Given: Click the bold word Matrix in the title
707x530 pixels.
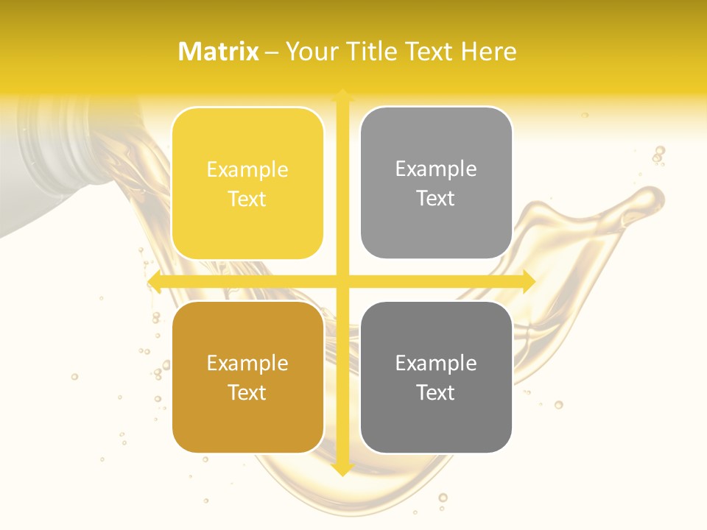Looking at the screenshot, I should click(x=219, y=52).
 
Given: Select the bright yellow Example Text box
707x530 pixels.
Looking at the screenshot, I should click(x=247, y=183).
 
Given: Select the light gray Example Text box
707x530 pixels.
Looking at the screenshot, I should click(x=436, y=183).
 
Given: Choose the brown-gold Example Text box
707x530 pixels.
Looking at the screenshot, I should click(x=247, y=377).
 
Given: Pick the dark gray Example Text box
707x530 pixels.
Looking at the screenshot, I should click(x=436, y=377).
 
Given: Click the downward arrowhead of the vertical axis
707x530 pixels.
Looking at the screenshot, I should click(x=342, y=470).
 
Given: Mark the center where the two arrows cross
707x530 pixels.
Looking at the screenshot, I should click(x=342, y=281).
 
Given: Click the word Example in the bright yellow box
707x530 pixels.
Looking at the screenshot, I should click(x=247, y=170).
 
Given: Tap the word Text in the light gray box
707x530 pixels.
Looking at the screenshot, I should click(x=436, y=198).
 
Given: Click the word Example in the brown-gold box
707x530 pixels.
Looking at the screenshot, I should click(x=247, y=364).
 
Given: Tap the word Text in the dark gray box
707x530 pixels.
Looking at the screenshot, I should click(x=436, y=392).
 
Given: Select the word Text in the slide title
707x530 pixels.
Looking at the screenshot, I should click(x=431, y=52).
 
